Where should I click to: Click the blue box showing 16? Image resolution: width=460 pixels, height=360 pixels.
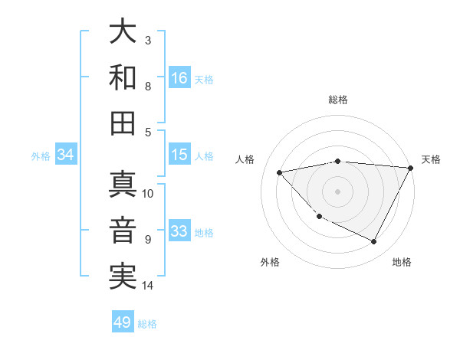pyautogui.click(x=179, y=77)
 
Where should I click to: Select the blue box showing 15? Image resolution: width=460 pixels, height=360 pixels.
pyautogui.click(x=179, y=155)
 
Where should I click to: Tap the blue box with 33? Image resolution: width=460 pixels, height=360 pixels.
pyautogui.click(x=179, y=231)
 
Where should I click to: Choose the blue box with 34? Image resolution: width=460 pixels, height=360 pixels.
pyautogui.click(x=66, y=155)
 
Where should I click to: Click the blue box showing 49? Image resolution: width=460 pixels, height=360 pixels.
pyautogui.click(x=123, y=322)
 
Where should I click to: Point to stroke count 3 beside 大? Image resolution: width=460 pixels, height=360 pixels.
pyautogui.click(x=148, y=40)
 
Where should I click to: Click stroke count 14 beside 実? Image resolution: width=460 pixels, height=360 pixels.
pyautogui.click(x=148, y=286)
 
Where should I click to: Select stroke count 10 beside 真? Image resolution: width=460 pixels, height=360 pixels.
pyautogui.click(x=148, y=193)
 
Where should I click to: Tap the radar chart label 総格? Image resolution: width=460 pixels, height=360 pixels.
pyautogui.click(x=338, y=100)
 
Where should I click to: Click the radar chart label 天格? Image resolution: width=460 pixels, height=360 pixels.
pyautogui.click(x=431, y=159)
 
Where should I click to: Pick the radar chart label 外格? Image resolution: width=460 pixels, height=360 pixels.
pyautogui.click(x=270, y=262)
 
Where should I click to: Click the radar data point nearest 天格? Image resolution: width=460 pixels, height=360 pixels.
pyautogui.click(x=411, y=168)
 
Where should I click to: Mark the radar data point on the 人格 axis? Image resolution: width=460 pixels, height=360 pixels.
pyautogui.click(x=280, y=172)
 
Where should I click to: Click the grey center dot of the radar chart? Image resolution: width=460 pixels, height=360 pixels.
pyautogui.click(x=338, y=191)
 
